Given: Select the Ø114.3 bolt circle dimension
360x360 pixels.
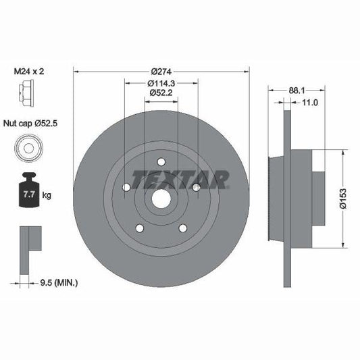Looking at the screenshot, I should click(161, 84).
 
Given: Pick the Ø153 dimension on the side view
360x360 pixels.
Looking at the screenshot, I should click(342, 201).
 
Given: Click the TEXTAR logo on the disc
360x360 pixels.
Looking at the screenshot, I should click(180, 179).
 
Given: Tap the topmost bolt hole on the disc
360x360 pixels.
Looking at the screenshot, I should click(161, 161).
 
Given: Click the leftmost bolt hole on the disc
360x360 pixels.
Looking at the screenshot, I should click(126, 187).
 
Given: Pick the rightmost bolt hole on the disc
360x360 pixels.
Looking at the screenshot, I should click(196, 187).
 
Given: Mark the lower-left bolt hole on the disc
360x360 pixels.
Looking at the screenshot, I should click(139, 228).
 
